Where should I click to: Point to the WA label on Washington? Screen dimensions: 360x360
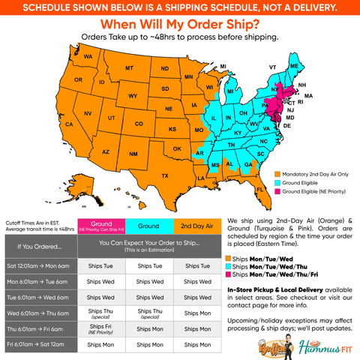tap(88, 57)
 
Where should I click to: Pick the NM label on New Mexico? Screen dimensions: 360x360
tap(133, 154)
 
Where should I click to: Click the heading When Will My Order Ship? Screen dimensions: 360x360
tap(179, 24)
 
